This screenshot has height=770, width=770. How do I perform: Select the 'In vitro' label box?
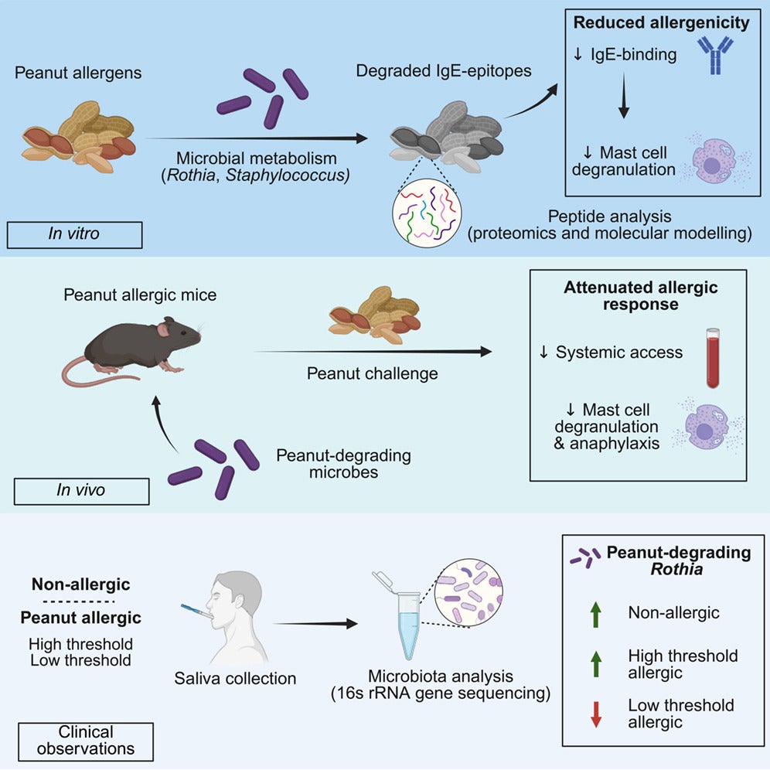tap(74, 233)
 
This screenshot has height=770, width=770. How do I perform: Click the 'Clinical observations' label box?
tap(85, 740)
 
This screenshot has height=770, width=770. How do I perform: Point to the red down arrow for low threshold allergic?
tap(595, 713)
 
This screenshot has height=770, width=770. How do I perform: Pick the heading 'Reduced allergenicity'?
tap(661, 23)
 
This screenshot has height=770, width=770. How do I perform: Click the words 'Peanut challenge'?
tap(372, 374)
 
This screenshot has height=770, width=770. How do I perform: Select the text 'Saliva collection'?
tap(235, 679)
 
